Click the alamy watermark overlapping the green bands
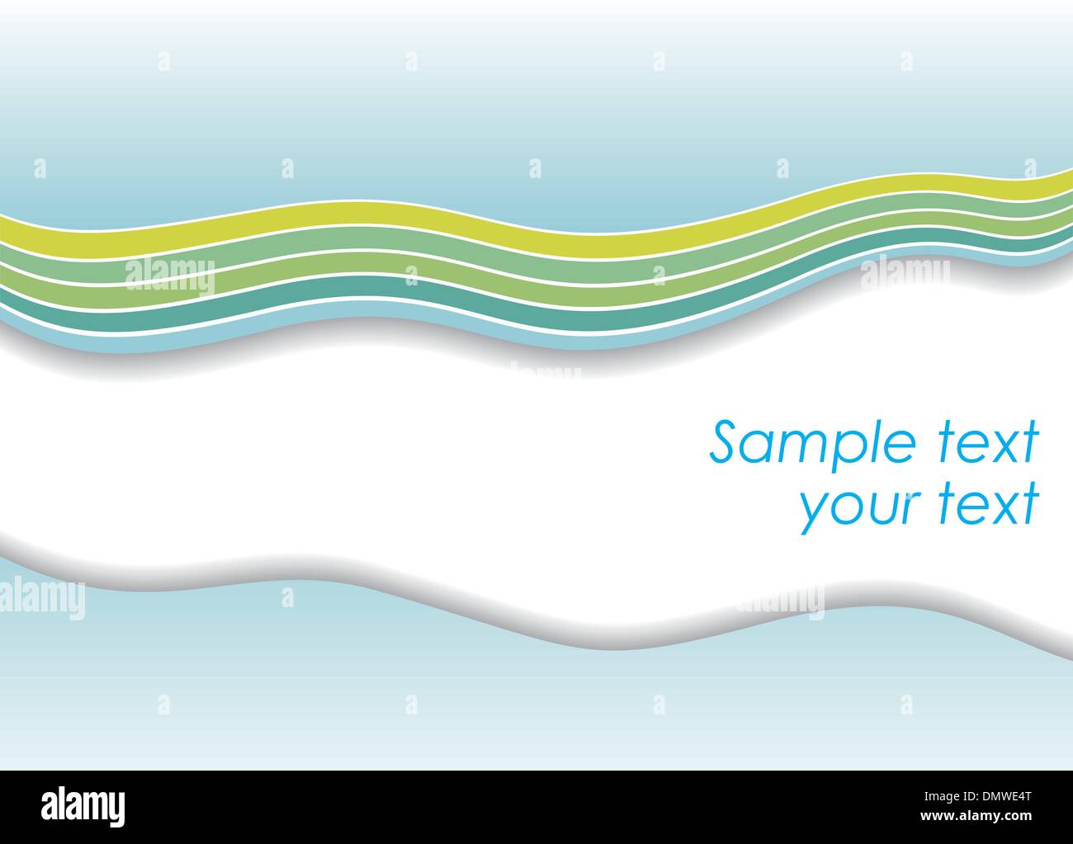click(x=169, y=276)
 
